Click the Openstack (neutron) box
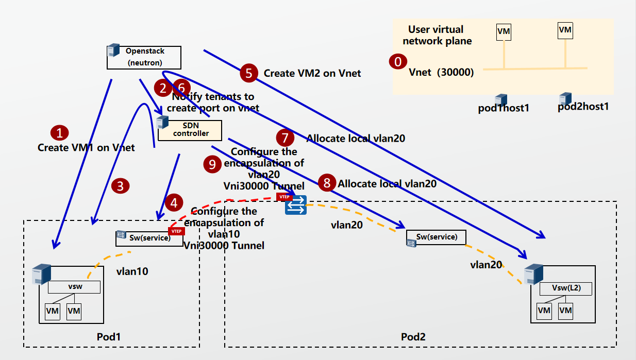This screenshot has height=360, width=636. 144,57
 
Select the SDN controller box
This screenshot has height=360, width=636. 189,130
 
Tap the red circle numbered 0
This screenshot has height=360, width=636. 397,62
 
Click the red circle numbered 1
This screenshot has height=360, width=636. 60,133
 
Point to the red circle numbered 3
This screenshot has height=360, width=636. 120,186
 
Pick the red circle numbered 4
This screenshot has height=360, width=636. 174,203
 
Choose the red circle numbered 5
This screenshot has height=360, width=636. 249,73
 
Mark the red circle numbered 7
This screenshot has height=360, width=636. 285,138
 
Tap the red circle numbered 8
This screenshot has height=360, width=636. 326,182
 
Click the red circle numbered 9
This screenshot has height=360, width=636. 212,164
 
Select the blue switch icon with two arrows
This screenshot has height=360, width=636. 296,205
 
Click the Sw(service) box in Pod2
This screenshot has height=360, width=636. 436,237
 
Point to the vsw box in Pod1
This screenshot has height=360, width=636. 74,287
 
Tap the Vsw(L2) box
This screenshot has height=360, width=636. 566,288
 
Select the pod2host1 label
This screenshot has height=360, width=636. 583,107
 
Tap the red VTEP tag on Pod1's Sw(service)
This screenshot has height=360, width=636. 176,231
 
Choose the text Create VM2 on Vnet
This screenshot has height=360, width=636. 312,73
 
